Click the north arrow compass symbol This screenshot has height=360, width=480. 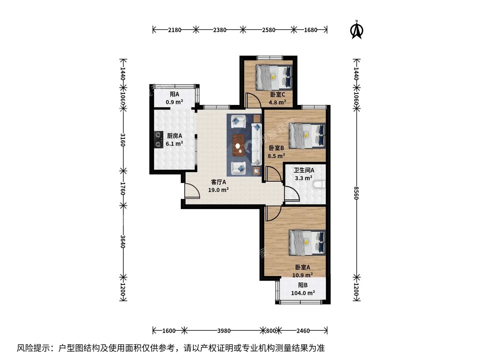[357, 30]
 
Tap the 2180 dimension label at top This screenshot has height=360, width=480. [175, 30]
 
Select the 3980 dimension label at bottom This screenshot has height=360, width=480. [224, 331]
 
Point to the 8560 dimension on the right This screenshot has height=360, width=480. [356, 193]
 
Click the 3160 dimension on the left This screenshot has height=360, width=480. [123, 140]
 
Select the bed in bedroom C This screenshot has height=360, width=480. [274, 78]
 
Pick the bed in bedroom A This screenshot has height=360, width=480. [307, 243]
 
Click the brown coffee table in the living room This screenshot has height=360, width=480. [239, 145]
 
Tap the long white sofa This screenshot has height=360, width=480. [257, 144]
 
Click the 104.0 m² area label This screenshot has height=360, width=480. [303, 293]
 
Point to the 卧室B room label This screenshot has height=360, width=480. [276, 148]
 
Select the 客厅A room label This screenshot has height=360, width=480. [218, 182]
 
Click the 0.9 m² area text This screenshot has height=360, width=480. [174, 102]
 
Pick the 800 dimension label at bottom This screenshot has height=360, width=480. [271, 331]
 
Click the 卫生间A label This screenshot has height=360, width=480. [304, 170]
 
